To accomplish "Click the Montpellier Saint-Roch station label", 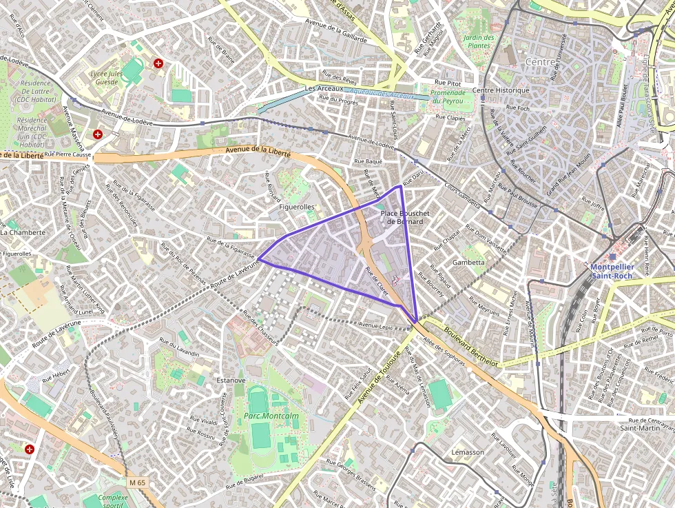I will click(611, 271).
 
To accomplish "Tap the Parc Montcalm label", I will click(261, 415).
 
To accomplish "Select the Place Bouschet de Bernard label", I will click(405, 217).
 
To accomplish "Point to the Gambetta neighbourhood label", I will click(468, 263).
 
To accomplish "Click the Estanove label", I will click(231, 380).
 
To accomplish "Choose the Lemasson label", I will click(468, 452).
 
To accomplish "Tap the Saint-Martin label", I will click(637, 428).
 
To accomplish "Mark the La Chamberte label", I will click(23, 232).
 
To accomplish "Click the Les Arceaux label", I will click(324, 89).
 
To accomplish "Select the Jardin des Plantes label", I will click(479, 41).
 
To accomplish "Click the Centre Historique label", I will click(501, 90).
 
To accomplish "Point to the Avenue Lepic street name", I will click(379, 325).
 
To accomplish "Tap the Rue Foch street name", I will click(517, 108).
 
